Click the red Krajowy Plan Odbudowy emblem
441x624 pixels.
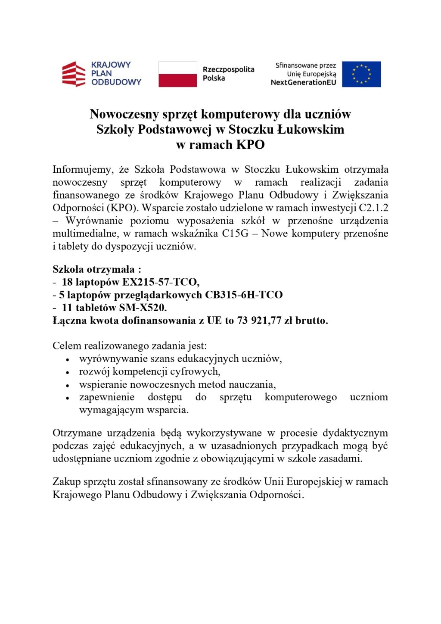tap(74, 74)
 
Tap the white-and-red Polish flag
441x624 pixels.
tap(177, 74)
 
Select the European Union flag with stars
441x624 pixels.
tap(361, 74)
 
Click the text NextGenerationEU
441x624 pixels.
tap(303, 82)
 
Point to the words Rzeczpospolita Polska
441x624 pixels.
tap(228, 74)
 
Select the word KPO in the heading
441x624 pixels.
tap(250, 145)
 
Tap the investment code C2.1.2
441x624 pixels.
tap(373, 208)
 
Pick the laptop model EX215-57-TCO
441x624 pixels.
tap(161, 282)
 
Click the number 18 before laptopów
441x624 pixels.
tap(67, 282)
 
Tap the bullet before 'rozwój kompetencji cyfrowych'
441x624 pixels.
tap(68, 372)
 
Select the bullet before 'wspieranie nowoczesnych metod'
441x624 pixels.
tap(68, 385)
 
